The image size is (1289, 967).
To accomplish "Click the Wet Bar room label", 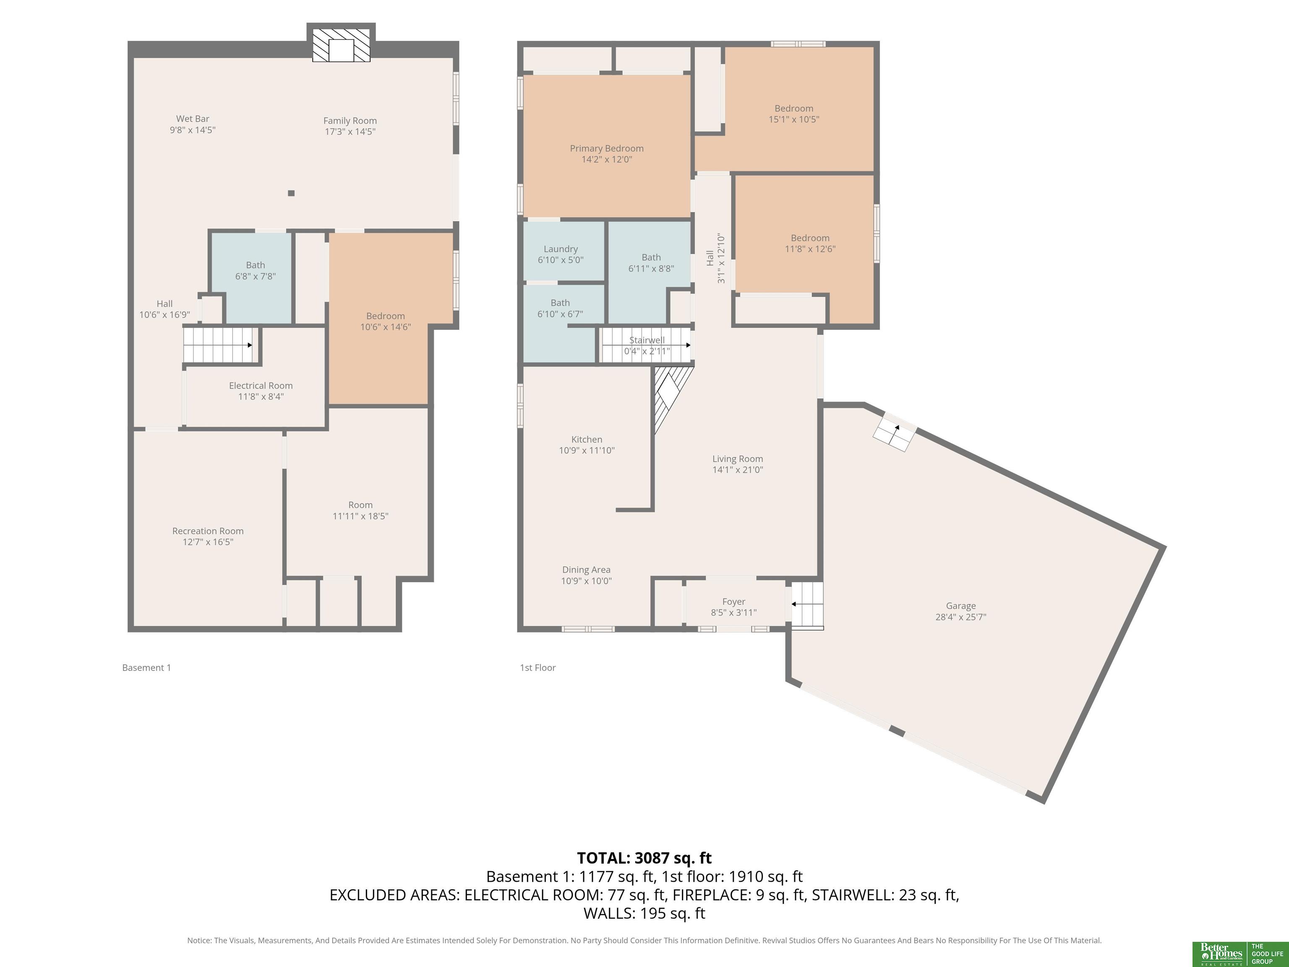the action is pyautogui.click(x=192, y=124).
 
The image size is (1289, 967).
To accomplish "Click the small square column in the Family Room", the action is pyautogui.click(x=291, y=193).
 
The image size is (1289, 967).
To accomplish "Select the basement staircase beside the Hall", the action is pyautogui.click(x=219, y=345).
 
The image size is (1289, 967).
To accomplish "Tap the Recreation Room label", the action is pyautogui.click(x=208, y=536).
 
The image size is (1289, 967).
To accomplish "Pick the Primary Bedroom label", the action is pyautogui.click(x=607, y=154).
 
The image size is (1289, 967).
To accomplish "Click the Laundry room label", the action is pyautogui.click(x=561, y=254).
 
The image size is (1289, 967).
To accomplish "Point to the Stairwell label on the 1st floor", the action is pyautogui.click(x=647, y=340).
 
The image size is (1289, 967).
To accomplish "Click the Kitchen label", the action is pyautogui.click(x=587, y=445).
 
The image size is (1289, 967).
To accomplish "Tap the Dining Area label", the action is pyautogui.click(x=586, y=575).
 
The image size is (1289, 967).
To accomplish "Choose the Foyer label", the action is pyautogui.click(x=733, y=607).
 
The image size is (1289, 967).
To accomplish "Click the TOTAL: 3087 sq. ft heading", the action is pyautogui.click(x=644, y=858).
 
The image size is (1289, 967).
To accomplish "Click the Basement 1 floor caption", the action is pyautogui.click(x=146, y=667).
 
